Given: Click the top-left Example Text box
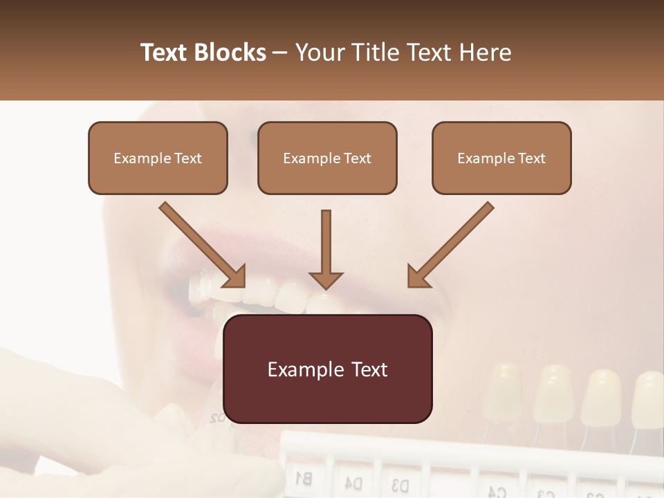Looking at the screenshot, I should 158,158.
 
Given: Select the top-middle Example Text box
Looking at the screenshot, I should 327,158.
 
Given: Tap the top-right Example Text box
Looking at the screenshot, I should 501,158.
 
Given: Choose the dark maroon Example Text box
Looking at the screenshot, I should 327,369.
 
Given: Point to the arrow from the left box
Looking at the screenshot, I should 202,244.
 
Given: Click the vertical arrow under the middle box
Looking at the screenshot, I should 326,249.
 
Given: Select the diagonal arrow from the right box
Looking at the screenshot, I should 450,244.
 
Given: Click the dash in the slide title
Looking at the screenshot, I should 280,53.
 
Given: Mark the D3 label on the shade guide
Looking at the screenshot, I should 400,483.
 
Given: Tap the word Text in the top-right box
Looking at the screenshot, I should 531,158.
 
